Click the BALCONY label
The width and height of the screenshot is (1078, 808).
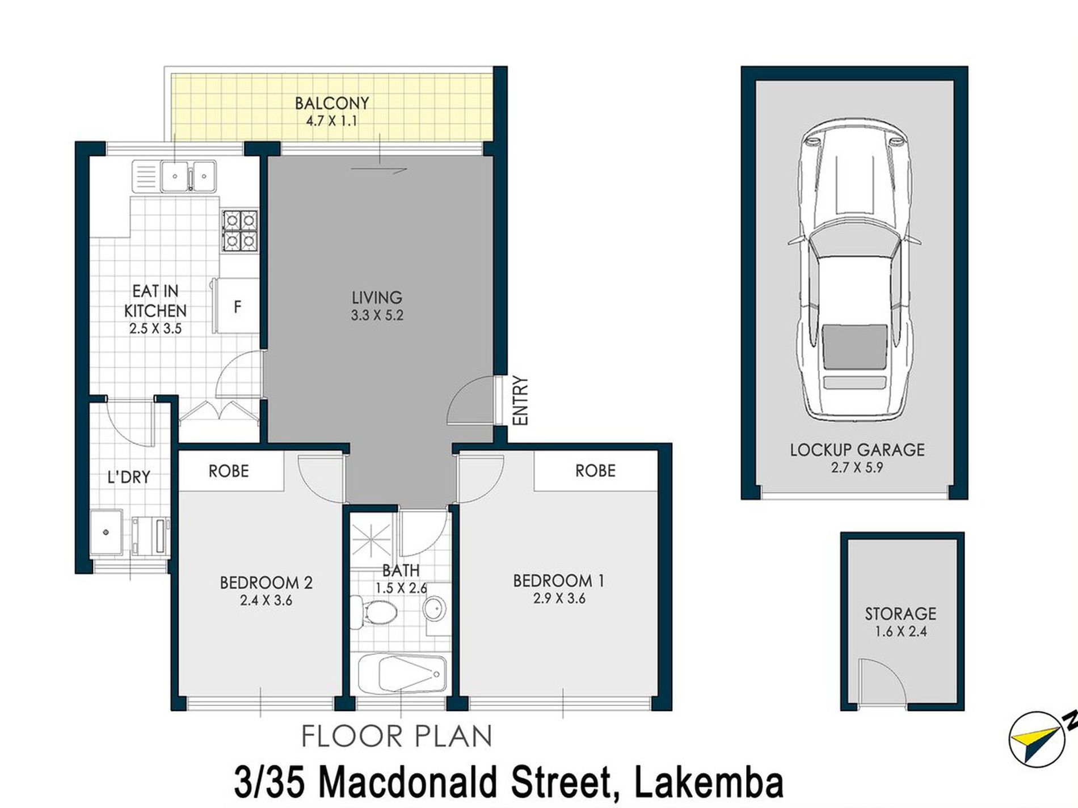click(332, 103)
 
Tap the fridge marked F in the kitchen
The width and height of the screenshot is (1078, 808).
click(237, 306)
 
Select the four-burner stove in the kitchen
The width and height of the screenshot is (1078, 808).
click(239, 231)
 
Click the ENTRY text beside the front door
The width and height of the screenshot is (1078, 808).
click(520, 400)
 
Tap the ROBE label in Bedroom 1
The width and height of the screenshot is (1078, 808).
click(595, 471)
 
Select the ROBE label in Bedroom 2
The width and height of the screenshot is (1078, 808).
click(229, 471)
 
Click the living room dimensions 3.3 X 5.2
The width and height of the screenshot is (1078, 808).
click(377, 316)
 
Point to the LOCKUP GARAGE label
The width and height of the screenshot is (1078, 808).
click(857, 450)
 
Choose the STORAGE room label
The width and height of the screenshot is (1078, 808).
click(900, 614)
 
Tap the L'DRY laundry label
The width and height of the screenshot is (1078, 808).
click(129, 477)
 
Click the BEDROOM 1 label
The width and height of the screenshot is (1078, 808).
click(558, 581)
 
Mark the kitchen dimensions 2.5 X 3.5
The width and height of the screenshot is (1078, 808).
click(155, 328)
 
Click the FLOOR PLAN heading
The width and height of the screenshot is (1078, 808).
click(396, 737)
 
